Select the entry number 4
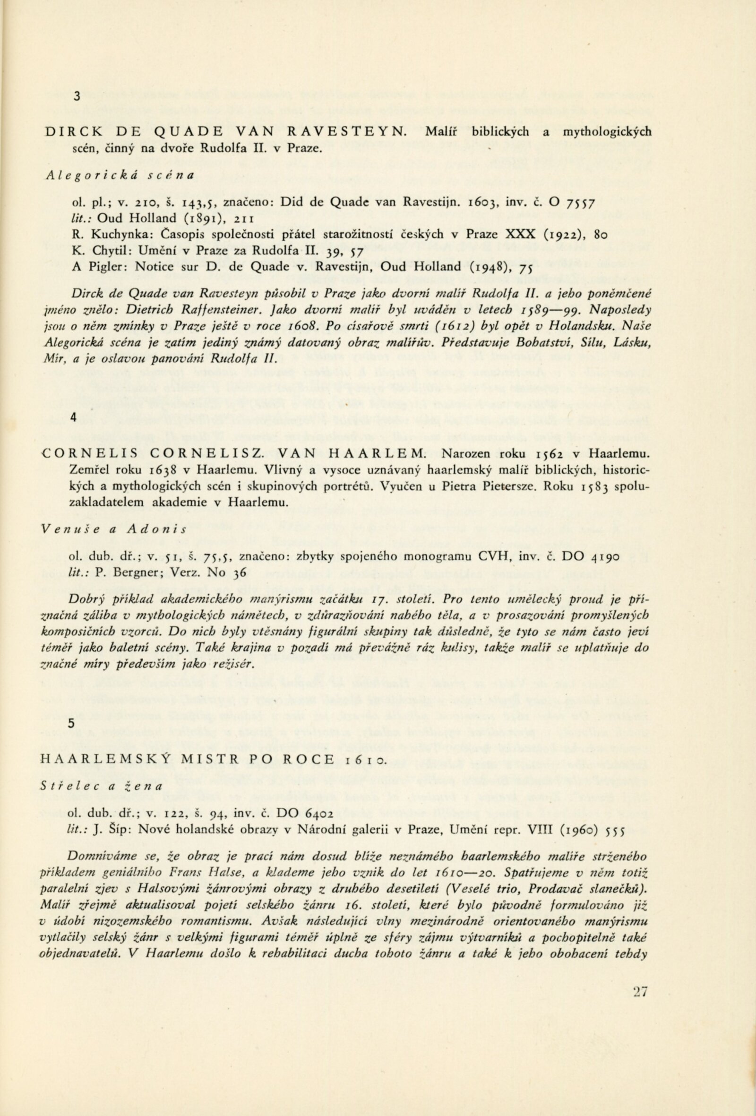[73, 418]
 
